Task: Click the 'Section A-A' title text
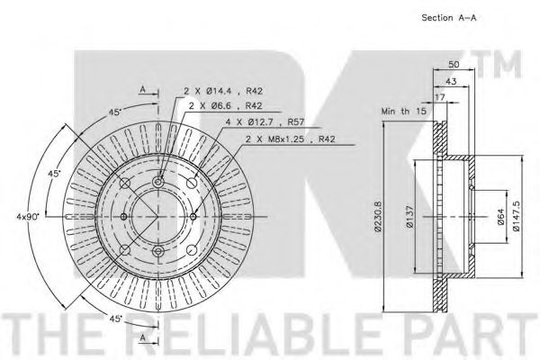[449, 18]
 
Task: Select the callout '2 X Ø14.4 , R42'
[223, 91]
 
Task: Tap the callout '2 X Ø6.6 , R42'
[225, 106]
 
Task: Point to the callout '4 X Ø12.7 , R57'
[265, 122]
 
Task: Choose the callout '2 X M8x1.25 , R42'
[290, 139]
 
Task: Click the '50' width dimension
[454, 65]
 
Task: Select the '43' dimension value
[451, 81]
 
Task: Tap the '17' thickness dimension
[440, 97]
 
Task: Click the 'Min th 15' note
[403, 112]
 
